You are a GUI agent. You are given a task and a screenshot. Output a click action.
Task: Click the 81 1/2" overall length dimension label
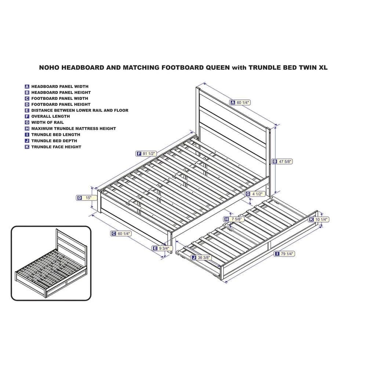(146, 153)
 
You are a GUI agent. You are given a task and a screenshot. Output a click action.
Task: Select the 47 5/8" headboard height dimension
(282, 161)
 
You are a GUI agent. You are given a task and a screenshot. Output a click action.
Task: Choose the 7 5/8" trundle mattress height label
(234, 219)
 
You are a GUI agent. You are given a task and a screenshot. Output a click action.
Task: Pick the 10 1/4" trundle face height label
(319, 219)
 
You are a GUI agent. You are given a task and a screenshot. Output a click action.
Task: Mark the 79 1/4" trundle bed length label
(284, 254)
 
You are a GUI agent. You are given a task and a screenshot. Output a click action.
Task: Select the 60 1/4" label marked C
(121, 233)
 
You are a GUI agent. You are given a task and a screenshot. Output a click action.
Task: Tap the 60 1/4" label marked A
(240, 102)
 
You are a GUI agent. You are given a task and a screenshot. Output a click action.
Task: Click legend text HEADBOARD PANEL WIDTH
(60, 86)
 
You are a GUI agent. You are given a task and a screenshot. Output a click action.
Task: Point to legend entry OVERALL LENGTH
(51, 116)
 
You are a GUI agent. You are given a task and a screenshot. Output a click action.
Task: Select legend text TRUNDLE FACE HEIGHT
(56, 147)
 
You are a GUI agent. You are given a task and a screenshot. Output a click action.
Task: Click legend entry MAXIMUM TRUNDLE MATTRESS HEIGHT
(73, 128)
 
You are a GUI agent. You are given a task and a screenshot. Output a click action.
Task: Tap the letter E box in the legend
(27, 110)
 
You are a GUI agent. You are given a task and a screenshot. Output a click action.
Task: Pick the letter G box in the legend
(27, 123)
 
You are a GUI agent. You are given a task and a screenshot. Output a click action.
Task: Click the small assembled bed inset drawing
(51, 263)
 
